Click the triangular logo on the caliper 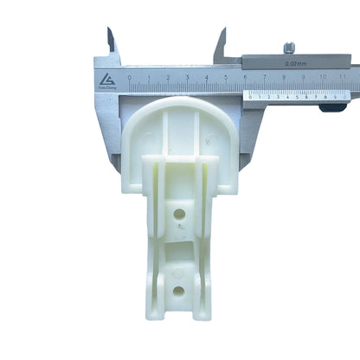[x=106, y=79]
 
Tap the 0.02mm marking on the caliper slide [x=298, y=63]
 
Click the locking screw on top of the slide [x=290, y=47]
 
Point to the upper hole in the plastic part [x=179, y=213]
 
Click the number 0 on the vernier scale [x=249, y=97]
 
